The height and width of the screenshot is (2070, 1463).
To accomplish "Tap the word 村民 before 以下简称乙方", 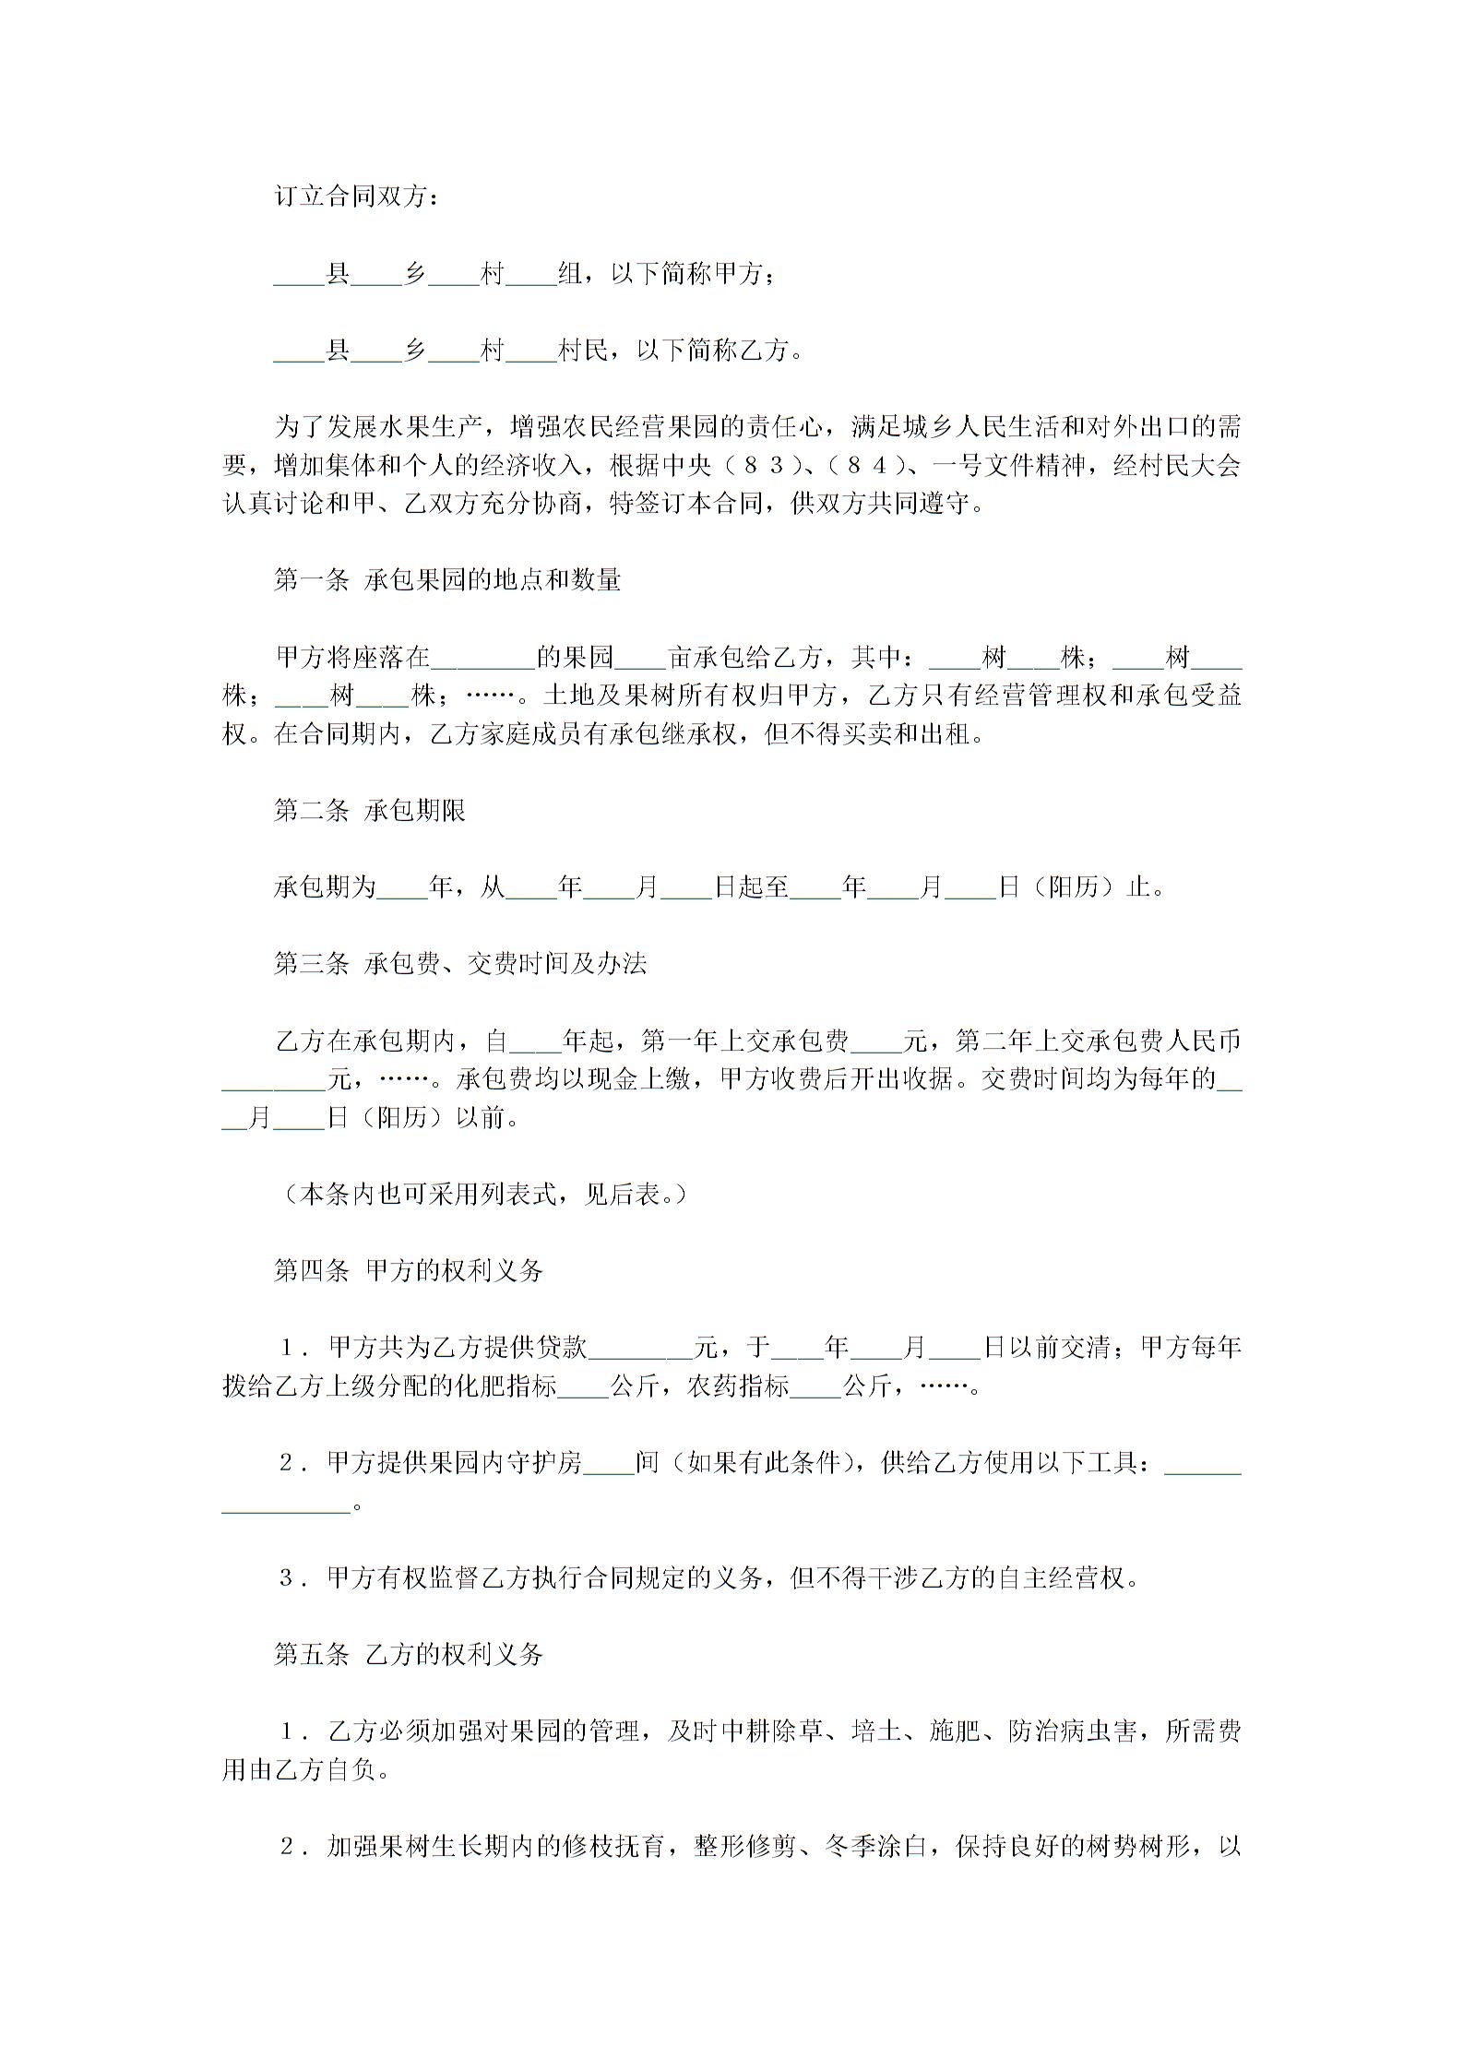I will click(x=584, y=351).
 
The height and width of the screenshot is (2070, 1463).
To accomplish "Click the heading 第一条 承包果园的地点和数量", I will click(x=447, y=580).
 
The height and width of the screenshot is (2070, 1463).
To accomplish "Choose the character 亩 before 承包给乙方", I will click(x=680, y=658).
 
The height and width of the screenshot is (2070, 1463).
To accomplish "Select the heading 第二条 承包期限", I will click(x=370, y=811).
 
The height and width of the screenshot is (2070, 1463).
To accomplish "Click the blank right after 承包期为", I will click(x=403, y=888).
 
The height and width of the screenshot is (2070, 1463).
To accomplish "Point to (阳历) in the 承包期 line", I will click(x=1073, y=888).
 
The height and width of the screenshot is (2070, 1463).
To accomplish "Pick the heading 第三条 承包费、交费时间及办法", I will click(x=460, y=965).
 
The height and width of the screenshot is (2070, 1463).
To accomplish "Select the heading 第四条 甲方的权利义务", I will click(x=409, y=1272).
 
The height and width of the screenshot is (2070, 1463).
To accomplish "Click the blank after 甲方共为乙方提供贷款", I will click(x=640, y=1350).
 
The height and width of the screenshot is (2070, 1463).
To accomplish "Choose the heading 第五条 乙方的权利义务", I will click(x=409, y=1657).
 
